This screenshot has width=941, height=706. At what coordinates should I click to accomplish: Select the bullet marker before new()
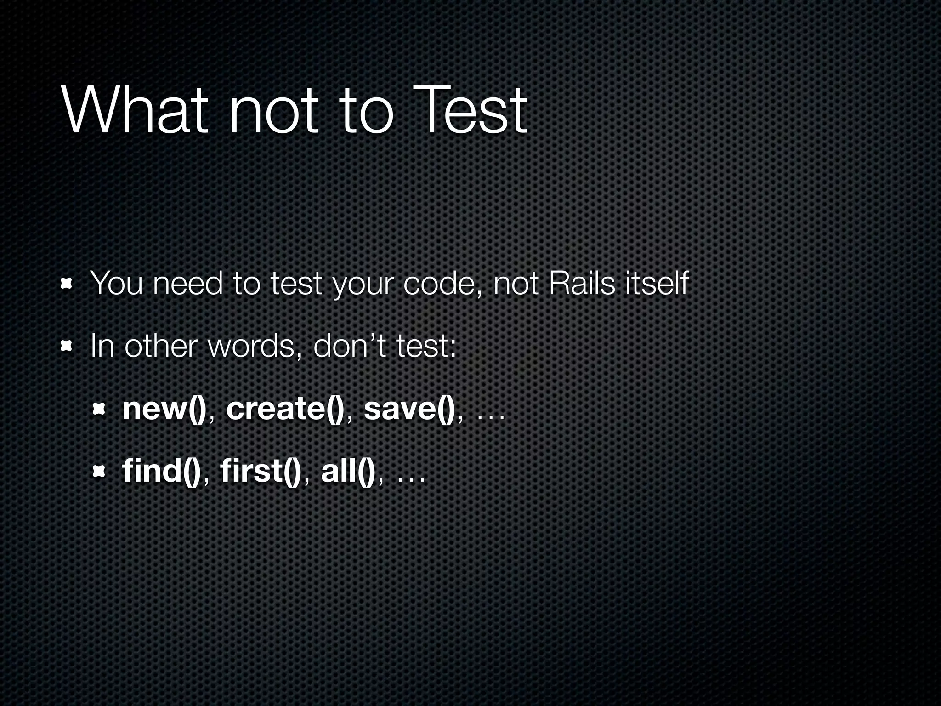[99, 408]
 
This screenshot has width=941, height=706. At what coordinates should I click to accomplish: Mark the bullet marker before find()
[99, 471]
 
